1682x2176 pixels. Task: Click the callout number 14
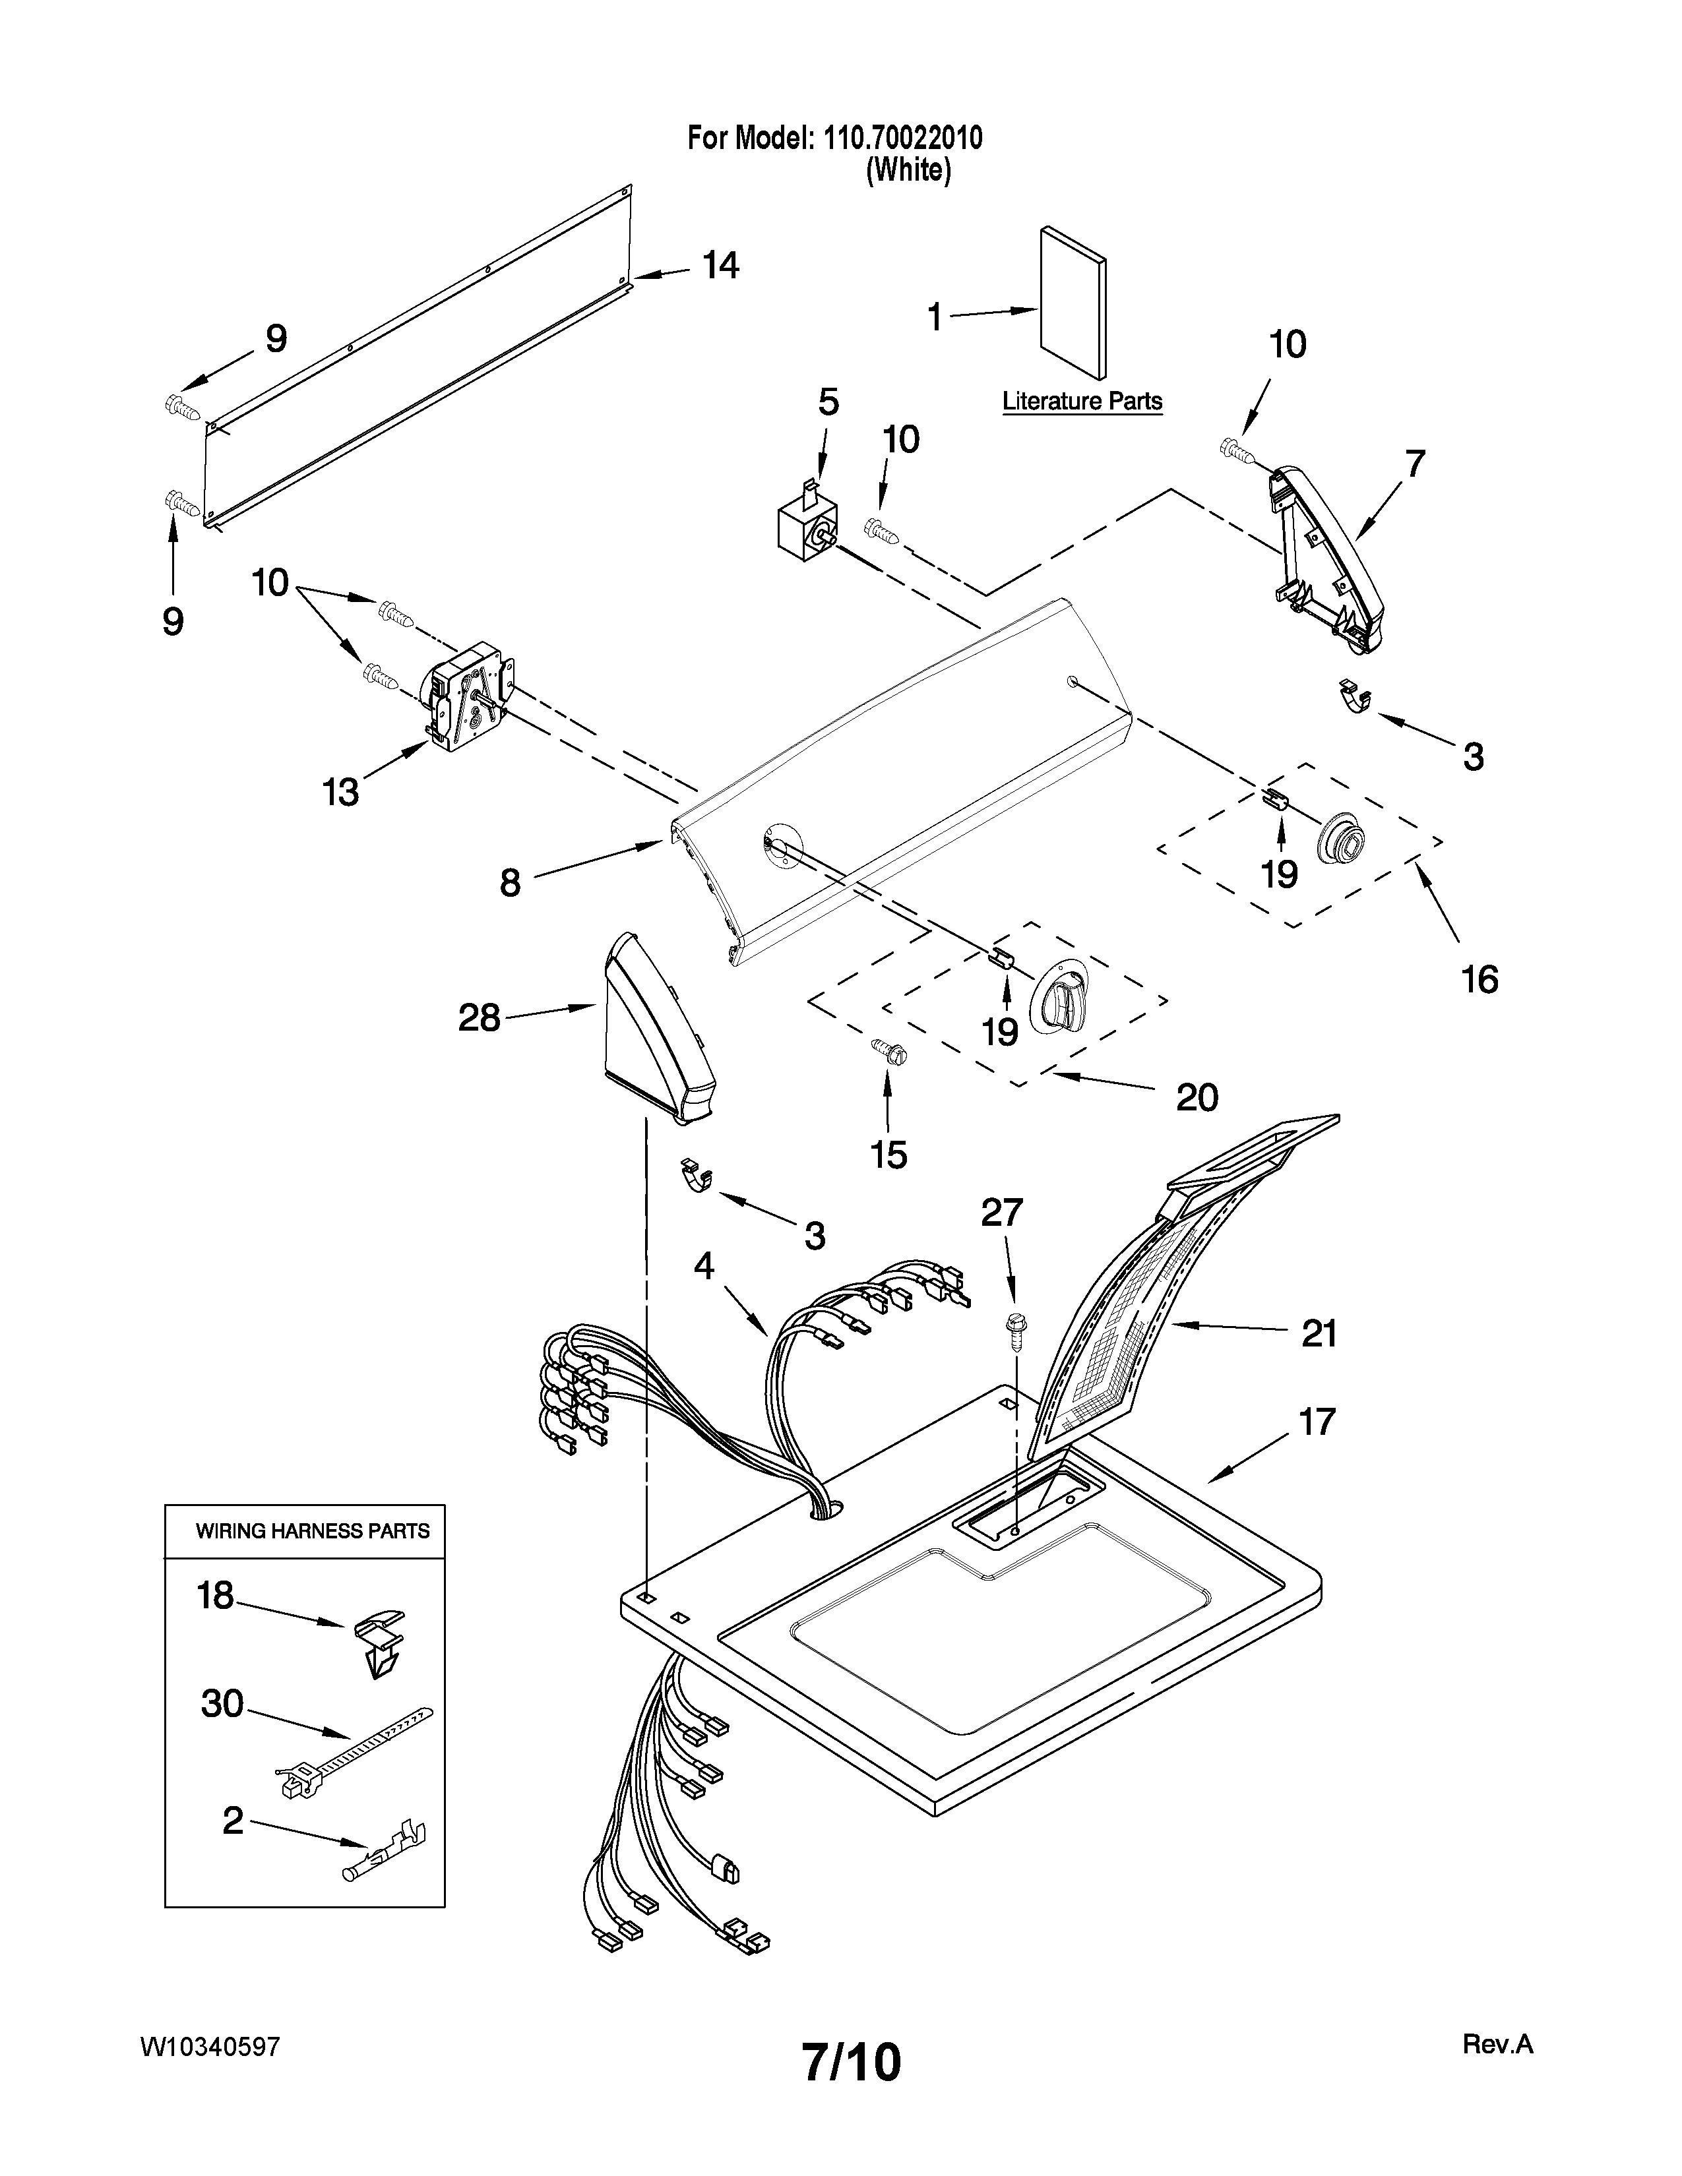720,265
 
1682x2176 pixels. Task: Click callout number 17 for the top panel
1317,1422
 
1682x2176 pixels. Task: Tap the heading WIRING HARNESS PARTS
312,1531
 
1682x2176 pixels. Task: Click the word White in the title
908,170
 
